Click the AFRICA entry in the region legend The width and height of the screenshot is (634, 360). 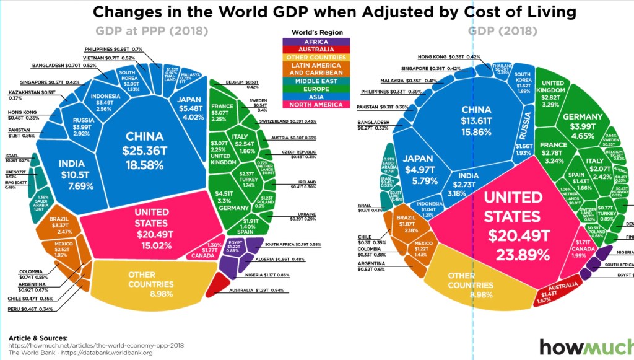(x=316, y=42)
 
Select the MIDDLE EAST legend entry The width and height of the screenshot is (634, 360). (x=316, y=80)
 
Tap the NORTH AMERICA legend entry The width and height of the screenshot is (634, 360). (x=316, y=105)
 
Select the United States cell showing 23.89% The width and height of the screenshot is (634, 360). (x=513, y=226)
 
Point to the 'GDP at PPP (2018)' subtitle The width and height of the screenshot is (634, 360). (x=151, y=31)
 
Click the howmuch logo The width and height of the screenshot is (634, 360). (x=585, y=347)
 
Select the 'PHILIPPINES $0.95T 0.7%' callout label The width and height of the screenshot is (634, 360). (x=114, y=49)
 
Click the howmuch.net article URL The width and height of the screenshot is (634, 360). (x=97, y=345)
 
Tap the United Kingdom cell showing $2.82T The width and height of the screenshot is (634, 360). (x=554, y=93)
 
